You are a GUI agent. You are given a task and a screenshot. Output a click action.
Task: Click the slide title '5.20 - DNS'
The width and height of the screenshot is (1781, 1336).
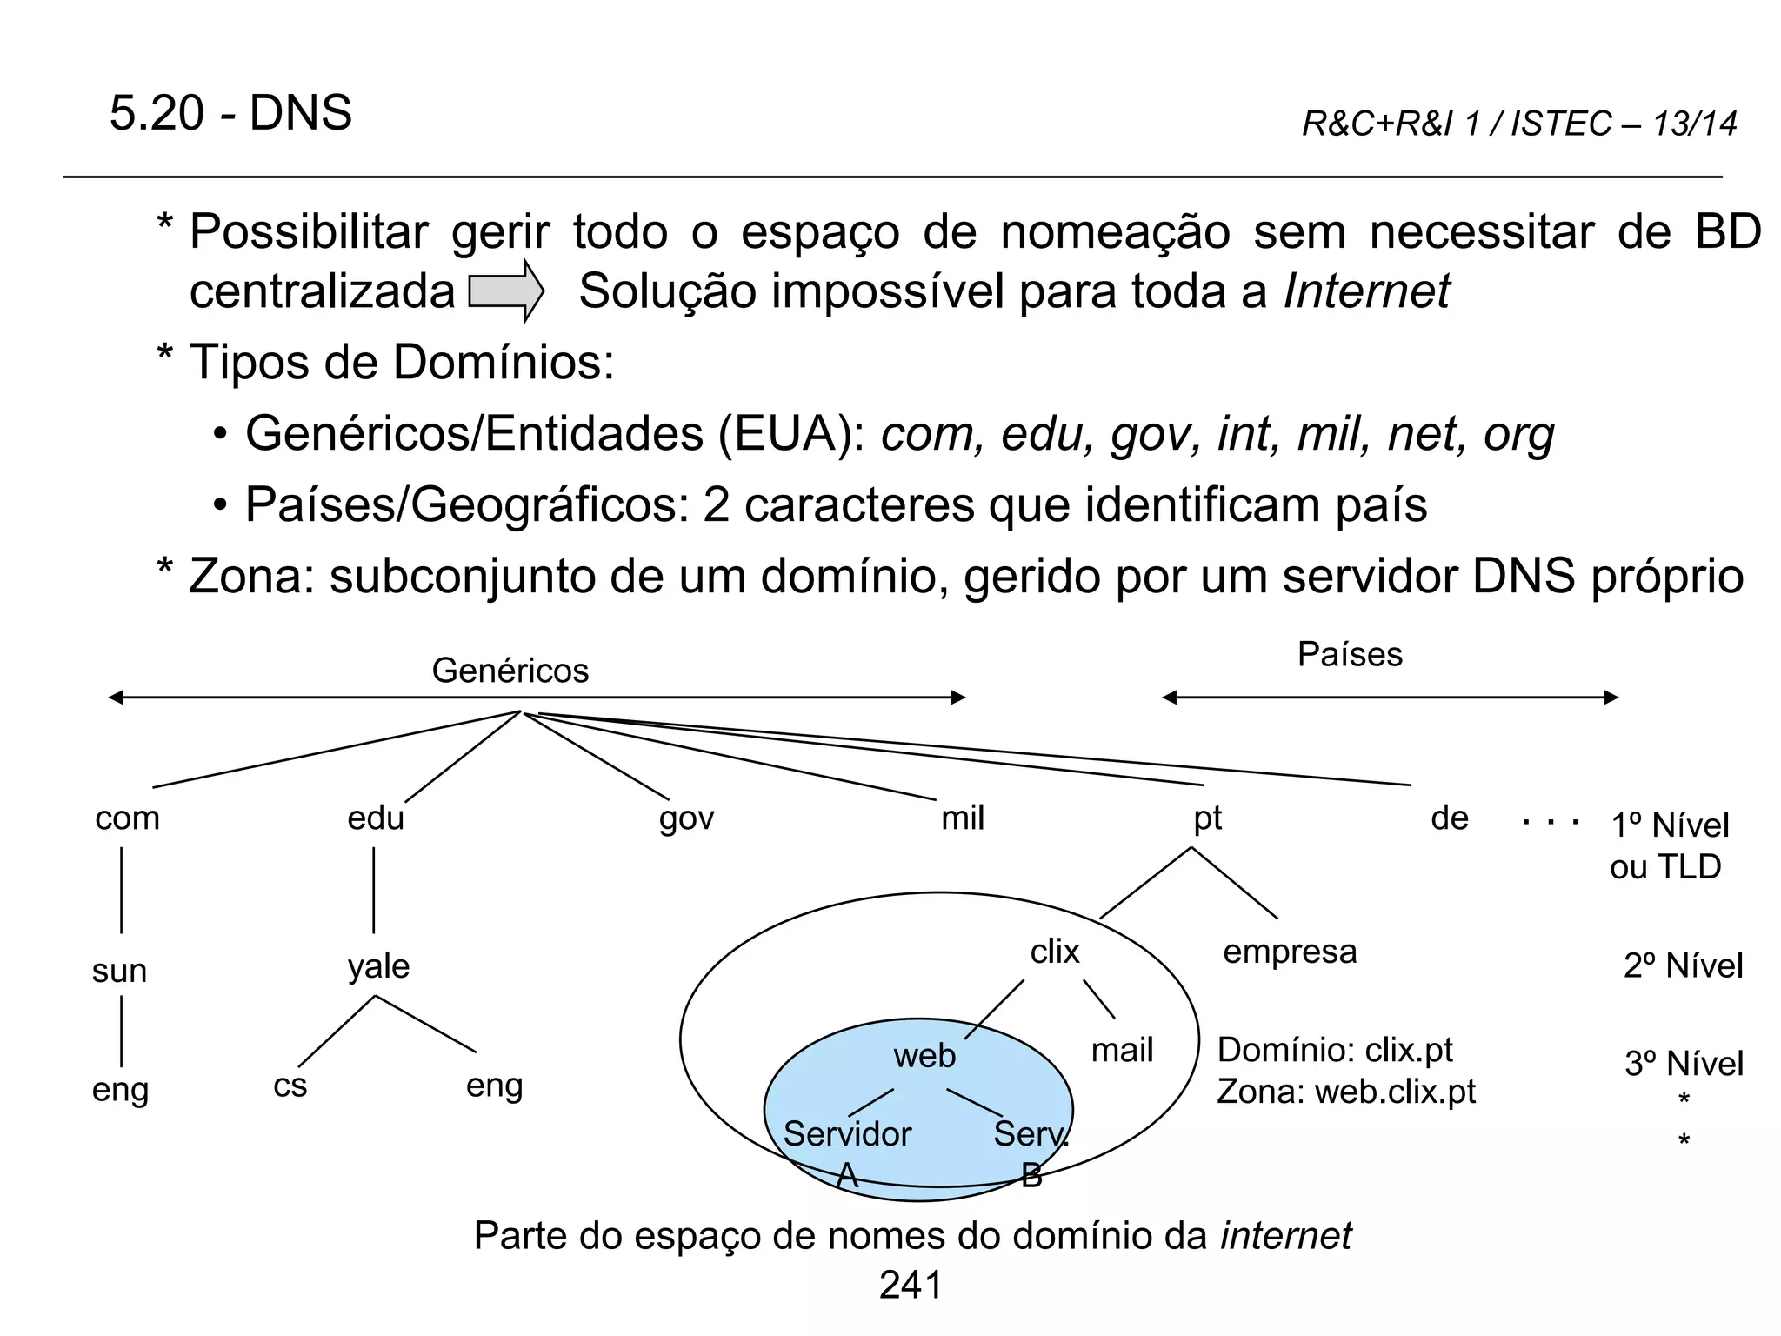[230, 113]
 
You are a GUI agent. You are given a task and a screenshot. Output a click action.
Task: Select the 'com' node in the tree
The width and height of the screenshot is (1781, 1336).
[128, 818]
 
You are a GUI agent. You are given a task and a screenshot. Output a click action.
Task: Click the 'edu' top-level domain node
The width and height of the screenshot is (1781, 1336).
[376, 818]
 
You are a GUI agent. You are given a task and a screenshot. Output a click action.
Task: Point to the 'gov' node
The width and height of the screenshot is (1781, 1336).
[686, 818]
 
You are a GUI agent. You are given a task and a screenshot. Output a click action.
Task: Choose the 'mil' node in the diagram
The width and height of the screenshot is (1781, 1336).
[963, 818]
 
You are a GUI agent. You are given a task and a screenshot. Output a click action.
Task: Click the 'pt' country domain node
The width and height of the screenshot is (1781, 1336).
[1207, 818]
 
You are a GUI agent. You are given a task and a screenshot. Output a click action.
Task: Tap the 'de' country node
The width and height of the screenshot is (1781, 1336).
[1449, 818]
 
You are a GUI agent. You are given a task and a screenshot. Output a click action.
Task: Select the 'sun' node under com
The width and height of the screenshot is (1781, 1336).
[119, 971]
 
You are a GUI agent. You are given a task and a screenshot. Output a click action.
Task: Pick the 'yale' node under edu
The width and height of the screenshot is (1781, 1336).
[378, 967]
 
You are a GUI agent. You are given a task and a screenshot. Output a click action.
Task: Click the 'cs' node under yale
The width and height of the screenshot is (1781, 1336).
[290, 1086]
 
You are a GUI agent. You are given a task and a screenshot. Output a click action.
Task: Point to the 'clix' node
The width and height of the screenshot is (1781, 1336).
[1054, 952]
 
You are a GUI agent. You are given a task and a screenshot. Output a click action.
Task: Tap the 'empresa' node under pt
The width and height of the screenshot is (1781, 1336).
[1290, 952]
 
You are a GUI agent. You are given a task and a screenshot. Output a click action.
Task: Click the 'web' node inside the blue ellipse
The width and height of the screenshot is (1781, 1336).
[924, 1056]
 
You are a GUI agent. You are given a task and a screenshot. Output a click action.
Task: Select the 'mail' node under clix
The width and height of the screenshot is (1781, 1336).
[1122, 1051]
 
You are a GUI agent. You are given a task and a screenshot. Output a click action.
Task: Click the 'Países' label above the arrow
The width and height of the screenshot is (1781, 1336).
[1350, 655]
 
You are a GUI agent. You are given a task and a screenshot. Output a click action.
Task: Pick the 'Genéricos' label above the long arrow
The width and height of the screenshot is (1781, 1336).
[510, 671]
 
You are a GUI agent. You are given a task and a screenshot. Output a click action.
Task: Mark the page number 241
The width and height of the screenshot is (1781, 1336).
[911, 1286]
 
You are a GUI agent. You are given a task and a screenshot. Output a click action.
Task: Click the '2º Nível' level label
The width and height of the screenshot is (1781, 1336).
[1683, 966]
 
